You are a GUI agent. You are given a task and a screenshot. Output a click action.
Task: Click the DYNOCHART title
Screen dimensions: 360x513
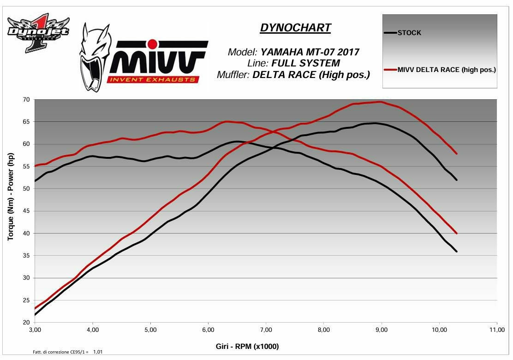(295, 28)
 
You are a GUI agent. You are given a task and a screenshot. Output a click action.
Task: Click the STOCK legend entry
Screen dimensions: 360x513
(409, 33)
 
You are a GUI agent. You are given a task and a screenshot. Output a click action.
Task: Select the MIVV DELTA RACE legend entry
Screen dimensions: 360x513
(447, 70)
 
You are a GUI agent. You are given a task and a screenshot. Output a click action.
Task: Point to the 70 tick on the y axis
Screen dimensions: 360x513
(26, 100)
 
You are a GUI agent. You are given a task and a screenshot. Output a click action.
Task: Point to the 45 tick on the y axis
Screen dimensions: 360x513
(26, 211)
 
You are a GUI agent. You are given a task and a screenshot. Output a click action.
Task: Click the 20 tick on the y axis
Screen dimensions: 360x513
(26, 323)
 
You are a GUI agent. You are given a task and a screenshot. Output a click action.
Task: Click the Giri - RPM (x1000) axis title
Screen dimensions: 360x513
(247, 346)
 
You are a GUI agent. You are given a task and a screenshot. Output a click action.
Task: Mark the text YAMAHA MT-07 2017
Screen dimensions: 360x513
(310, 52)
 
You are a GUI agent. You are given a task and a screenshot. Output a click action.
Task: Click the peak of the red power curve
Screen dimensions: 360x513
(380, 102)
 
